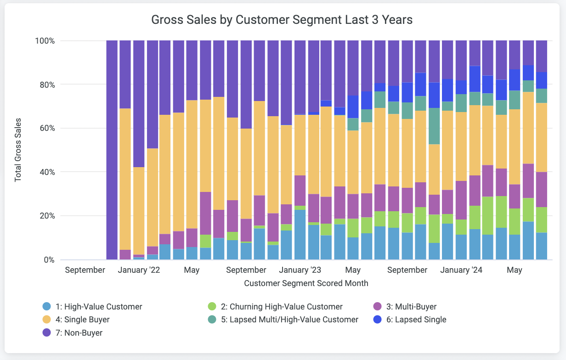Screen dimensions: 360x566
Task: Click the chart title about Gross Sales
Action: (x=282, y=20)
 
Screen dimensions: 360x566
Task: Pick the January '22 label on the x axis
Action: (x=139, y=270)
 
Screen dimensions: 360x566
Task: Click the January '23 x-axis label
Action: (x=300, y=270)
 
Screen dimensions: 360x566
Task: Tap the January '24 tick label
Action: (x=461, y=270)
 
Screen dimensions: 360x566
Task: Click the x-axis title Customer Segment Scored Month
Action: (x=306, y=283)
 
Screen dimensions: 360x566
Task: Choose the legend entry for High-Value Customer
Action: (x=98, y=307)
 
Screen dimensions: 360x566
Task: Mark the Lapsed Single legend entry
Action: (x=420, y=320)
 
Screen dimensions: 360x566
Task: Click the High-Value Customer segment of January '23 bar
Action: (x=300, y=235)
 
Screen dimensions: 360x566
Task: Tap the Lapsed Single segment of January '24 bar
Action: (x=462, y=87)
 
